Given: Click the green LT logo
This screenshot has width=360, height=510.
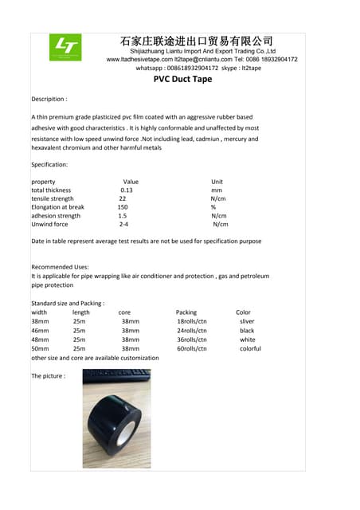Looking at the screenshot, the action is click(x=65, y=47).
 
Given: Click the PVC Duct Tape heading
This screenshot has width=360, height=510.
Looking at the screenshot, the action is click(x=182, y=80).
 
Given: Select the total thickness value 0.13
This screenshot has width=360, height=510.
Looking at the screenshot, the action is click(x=127, y=190).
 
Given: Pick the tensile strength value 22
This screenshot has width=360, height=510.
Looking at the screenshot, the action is click(x=123, y=198).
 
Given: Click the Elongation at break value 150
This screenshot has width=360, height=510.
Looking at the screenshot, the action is click(x=123, y=207).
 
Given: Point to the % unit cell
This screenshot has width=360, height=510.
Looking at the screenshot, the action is click(x=213, y=207).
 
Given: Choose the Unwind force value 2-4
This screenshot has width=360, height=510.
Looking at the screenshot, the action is click(x=123, y=225).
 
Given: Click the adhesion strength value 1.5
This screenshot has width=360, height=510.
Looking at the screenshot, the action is click(x=123, y=216).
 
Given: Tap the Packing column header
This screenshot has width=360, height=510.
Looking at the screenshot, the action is click(x=186, y=312).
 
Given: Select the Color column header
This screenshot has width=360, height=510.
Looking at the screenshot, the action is click(x=243, y=312).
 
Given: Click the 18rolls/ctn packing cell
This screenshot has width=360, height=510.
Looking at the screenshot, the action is click(x=192, y=321).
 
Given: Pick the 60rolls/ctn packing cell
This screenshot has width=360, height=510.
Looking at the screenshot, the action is click(x=192, y=348).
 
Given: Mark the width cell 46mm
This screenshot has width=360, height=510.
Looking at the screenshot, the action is click(x=40, y=330).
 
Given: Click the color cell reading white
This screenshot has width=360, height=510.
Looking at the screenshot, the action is click(x=247, y=339).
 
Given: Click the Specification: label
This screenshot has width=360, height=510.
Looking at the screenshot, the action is click(x=49, y=164).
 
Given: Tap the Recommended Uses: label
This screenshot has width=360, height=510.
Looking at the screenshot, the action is click(x=60, y=267).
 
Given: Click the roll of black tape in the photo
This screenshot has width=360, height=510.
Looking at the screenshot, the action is click(x=116, y=418).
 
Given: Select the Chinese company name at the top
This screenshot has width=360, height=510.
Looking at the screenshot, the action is click(x=196, y=41).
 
